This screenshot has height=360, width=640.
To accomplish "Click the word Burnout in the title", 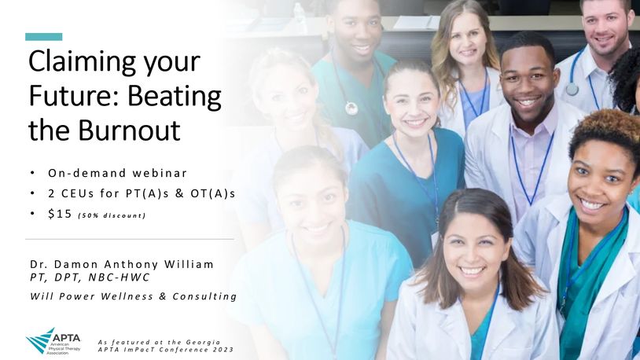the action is [129, 130].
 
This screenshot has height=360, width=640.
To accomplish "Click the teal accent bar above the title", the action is [44, 37].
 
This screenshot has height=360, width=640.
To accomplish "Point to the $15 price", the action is [60, 214].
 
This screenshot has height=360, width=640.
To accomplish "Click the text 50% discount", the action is [112, 215].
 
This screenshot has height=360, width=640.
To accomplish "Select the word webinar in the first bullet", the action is [160, 173].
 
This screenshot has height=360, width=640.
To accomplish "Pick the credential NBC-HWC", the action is [120, 277].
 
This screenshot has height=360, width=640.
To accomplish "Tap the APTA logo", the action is [53, 341].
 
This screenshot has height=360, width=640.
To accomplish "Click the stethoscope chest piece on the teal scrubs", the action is [351, 108].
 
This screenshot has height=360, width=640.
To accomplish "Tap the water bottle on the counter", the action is [299, 13].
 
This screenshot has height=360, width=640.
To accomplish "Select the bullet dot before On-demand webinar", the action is [33, 173].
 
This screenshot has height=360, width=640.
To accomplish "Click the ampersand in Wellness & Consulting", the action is [163, 296].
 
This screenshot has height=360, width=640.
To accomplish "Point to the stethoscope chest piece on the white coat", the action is [572, 90].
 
